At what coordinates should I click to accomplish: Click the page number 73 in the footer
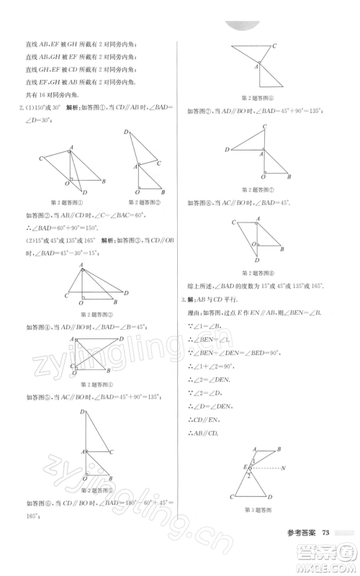click(326, 532)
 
